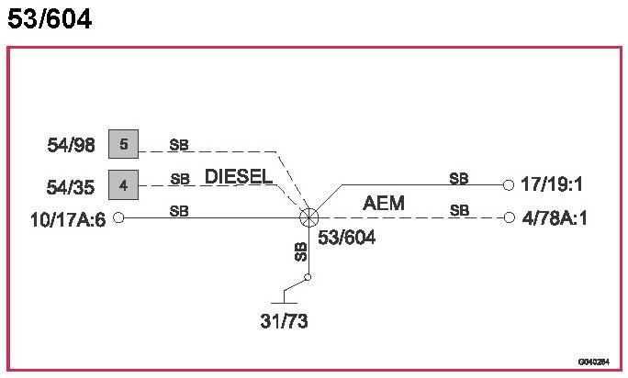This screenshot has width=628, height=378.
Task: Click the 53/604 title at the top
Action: tap(50, 19)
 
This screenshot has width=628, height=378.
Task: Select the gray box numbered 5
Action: tap(123, 144)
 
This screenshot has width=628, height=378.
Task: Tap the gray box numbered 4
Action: tap(123, 184)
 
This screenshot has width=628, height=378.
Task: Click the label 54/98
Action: tap(71, 145)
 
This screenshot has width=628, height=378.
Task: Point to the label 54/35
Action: tap(71, 187)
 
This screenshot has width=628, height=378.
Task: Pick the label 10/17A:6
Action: tap(56, 218)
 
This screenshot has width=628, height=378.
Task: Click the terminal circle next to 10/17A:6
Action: tap(118, 217)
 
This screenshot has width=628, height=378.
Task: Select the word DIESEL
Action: tap(239, 176)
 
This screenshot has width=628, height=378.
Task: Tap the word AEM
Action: tap(384, 204)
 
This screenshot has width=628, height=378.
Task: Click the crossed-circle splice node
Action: tap(309, 217)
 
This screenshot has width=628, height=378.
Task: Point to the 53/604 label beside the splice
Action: tap(347, 238)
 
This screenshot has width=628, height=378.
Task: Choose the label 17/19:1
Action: tap(552, 184)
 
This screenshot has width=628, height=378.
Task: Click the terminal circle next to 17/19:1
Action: tap(509, 184)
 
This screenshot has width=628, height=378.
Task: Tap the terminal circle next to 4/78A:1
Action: tap(509, 217)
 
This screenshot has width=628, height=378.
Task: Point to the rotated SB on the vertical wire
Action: tap(300, 252)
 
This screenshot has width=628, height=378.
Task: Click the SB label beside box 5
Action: tap(179, 145)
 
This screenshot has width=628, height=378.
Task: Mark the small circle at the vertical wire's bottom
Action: tap(309, 277)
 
